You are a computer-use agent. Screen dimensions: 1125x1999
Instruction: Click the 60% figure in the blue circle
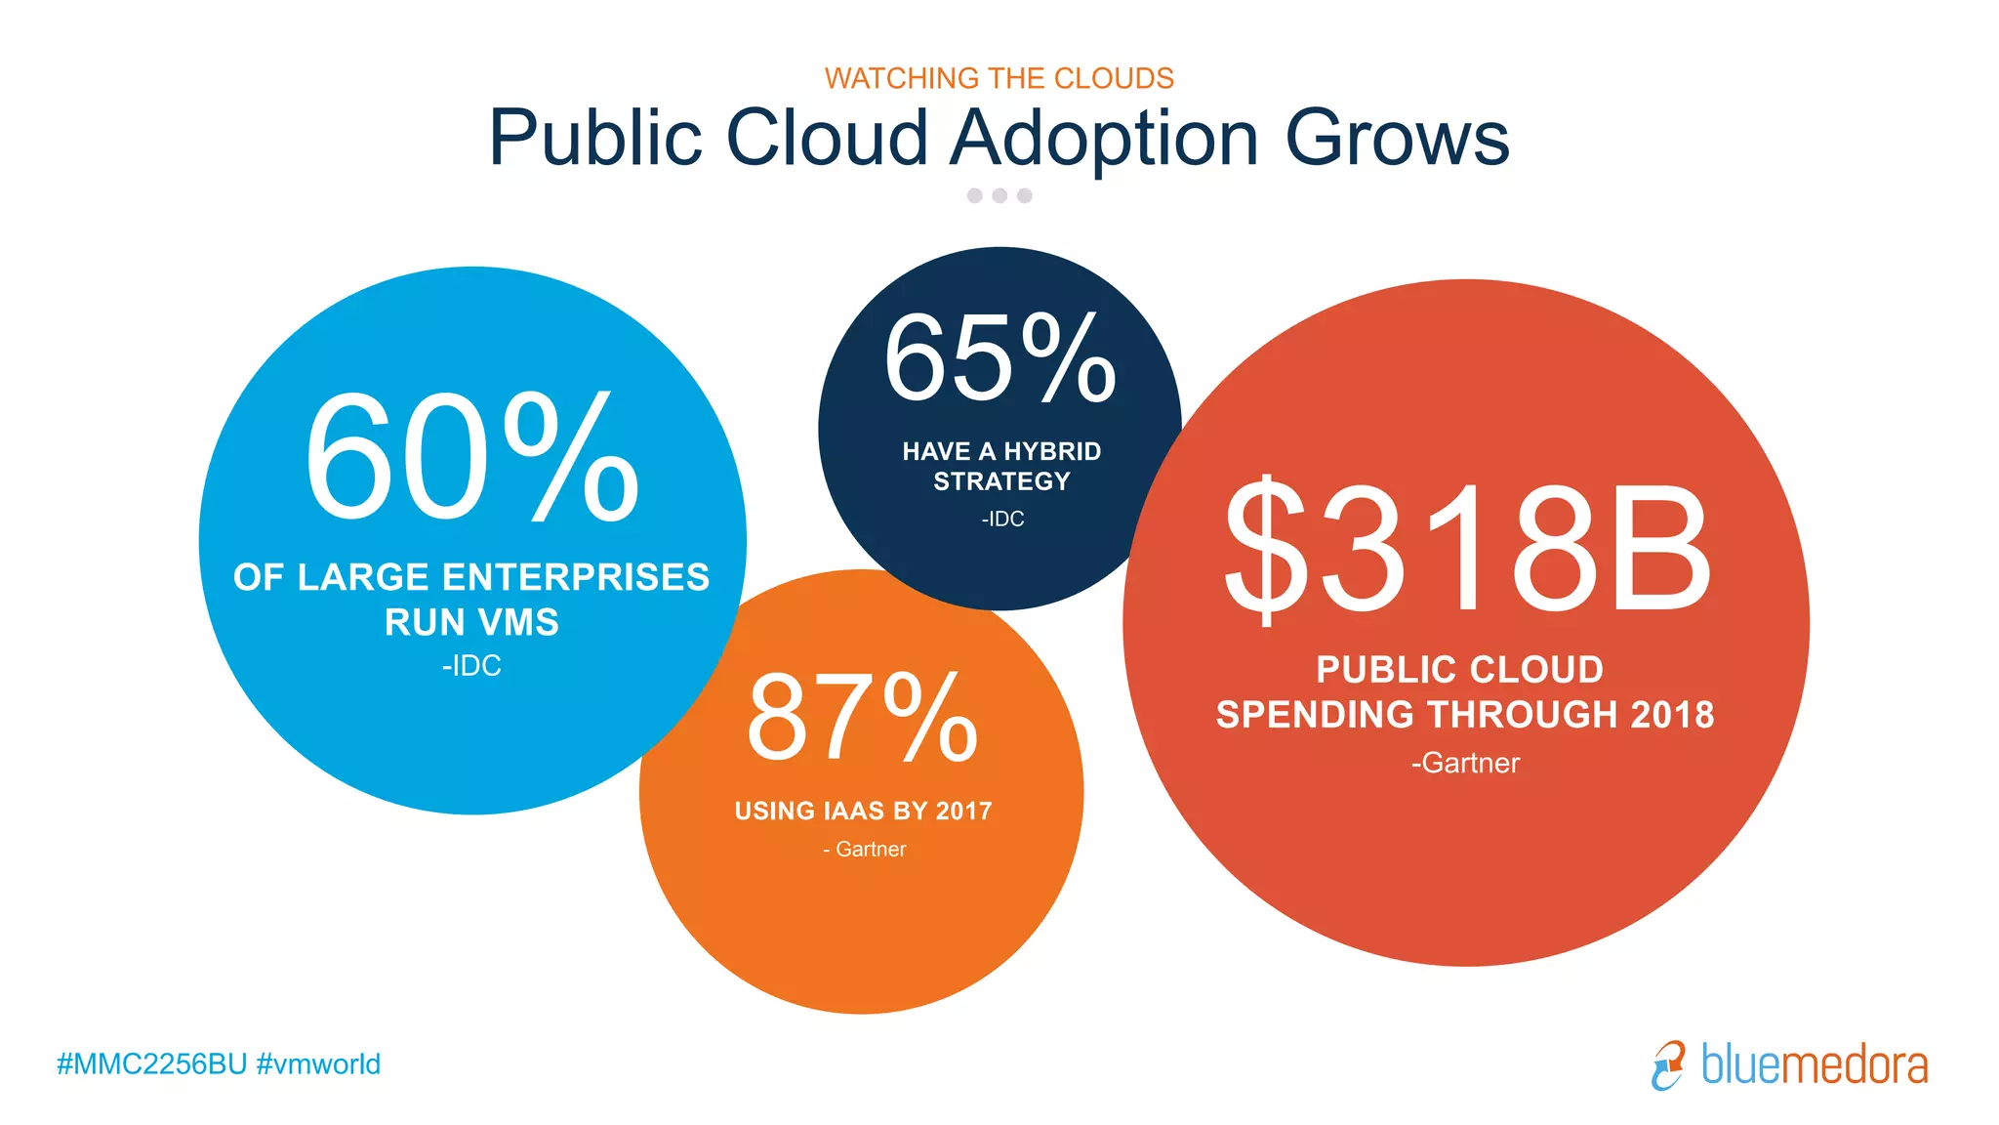coord(471,457)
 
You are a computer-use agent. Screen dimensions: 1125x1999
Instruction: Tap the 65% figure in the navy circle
coord(999,357)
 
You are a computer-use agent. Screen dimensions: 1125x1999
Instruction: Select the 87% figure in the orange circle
coord(861,718)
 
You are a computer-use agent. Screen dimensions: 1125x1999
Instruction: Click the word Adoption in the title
coord(1104,139)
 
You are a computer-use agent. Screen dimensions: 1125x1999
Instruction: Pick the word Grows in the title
coord(1397,139)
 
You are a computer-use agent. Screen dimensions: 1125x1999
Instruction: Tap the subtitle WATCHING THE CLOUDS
coord(999,78)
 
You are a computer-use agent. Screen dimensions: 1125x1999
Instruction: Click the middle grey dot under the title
coord(999,195)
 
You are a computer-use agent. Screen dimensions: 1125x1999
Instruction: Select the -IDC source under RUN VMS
coord(471,666)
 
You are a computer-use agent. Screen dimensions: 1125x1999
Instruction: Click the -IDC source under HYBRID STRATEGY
coord(1002,520)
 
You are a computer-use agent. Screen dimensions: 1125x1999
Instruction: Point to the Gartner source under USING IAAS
coord(865,850)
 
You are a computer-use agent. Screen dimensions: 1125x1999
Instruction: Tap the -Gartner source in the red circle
coord(1465,763)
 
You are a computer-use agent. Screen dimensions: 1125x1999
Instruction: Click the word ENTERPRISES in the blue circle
coord(576,577)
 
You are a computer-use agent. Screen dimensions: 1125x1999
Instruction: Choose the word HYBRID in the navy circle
coord(1052,451)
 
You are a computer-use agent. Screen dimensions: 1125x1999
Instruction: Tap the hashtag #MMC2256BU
coord(151,1063)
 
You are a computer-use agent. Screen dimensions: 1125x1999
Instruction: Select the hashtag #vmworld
coord(318,1063)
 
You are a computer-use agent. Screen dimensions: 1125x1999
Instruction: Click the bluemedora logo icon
coord(1668,1064)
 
